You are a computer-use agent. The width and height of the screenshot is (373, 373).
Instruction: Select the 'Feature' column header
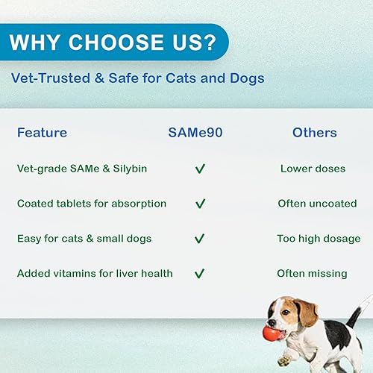tap(42, 133)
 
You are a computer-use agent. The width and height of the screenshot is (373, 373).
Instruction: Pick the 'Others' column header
tap(314, 133)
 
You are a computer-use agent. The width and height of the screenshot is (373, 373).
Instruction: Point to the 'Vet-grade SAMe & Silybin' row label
tap(82, 169)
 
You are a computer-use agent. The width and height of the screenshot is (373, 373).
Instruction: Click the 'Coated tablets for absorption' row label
tap(92, 203)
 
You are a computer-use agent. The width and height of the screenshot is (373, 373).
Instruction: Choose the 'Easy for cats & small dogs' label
tap(84, 239)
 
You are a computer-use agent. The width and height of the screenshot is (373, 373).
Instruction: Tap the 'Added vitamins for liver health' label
tap(95, 274)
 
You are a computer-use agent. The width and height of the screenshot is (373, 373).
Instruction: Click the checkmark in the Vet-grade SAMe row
tap(200, 169)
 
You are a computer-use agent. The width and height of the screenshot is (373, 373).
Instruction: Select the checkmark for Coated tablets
tap(200, 204)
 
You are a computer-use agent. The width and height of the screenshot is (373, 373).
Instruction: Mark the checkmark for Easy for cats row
tap(200, 239)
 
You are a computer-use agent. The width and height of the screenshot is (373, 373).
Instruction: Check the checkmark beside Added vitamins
tap(200, 274)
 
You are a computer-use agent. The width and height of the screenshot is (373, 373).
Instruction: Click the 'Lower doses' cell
tap(313, 169)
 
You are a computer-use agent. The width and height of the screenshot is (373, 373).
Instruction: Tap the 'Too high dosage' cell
tap(319, 239)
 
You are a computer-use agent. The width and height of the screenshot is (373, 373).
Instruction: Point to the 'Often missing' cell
tap(312, 274)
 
